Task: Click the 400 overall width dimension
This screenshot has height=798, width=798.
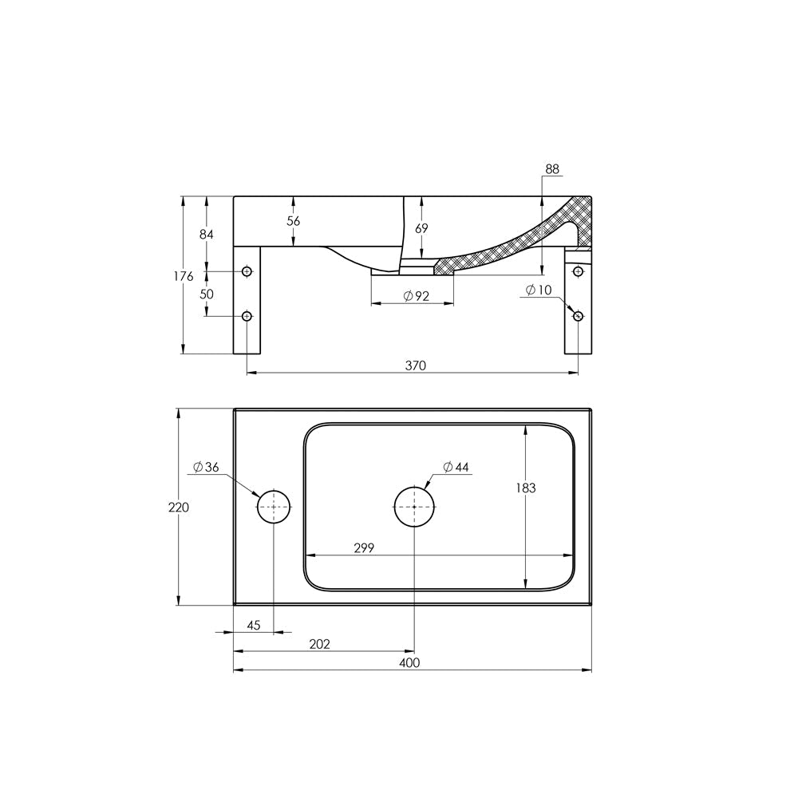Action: tap(409, 662)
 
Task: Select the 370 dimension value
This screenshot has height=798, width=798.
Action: tap(415, 365)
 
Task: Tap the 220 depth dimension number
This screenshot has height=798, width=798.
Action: tap(179, 508)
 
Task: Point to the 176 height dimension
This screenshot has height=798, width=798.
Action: tap(184, 276)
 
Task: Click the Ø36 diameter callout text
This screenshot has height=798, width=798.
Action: tap(206, 467)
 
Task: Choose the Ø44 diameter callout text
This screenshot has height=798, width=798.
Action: tap(456, 467)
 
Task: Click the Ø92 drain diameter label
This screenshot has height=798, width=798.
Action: tap(417, 296)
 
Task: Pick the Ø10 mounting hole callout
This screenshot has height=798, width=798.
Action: tap(539, 290)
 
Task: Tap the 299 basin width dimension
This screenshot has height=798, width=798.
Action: tap(364, 547)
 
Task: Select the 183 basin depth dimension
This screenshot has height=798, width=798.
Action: tap(526, 488)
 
